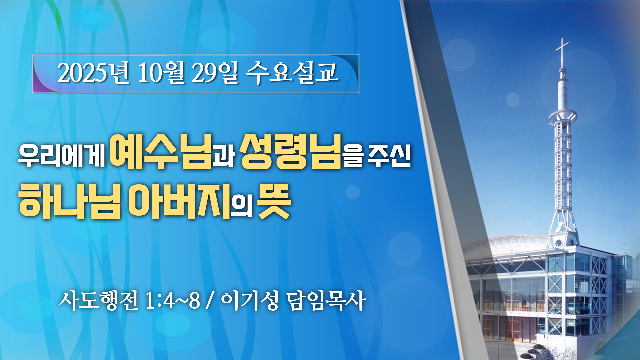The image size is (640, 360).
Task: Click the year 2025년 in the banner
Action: click(x=93, y=73)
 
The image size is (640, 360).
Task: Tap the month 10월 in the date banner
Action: click(x=161, y=73)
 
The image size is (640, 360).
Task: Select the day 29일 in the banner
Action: click(x=215, y=73)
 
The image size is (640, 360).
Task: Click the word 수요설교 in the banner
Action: click(x=292, y=73)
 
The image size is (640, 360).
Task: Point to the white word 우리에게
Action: click(x=62, y=155)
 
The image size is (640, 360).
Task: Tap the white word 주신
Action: click(x=389, y=155)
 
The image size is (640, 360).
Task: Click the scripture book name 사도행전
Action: click(x=98, y=300)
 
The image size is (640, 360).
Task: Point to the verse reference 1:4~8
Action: click(x=172, y=301)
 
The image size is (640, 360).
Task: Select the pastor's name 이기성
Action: click(x=250, y=300)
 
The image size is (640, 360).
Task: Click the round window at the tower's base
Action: click(x=558, y=243)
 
